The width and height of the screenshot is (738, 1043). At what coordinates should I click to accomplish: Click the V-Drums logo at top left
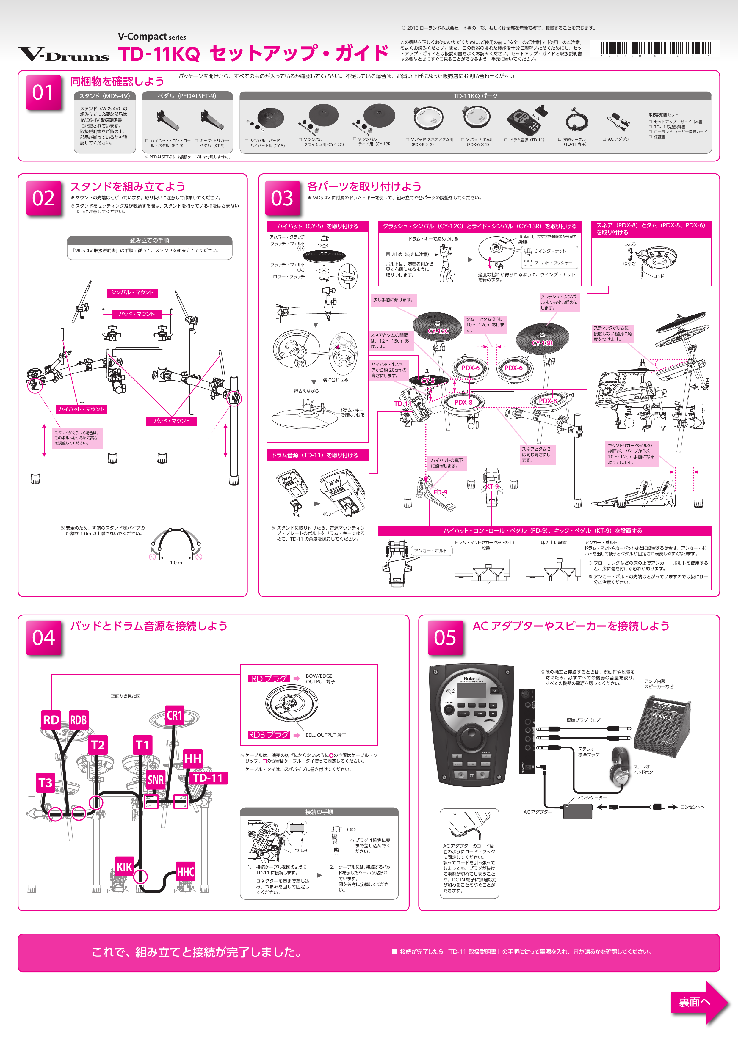[64, 54]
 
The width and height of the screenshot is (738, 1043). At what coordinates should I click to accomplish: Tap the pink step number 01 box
[43, 93]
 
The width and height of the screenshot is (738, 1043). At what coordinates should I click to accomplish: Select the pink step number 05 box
[445, 637]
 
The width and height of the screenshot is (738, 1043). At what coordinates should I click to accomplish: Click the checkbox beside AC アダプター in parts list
[604, 139]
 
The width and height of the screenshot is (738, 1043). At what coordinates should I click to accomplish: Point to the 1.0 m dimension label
[176, 563]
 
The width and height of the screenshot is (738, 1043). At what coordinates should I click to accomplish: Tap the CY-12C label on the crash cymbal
[438, 331]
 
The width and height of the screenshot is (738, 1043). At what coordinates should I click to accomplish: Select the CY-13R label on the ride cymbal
[542, 343]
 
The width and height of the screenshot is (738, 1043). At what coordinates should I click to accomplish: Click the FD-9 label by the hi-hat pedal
[440, 492]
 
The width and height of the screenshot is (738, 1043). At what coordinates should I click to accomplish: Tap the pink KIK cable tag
[124, 867]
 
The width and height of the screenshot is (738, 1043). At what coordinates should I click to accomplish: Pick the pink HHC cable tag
[185, 872]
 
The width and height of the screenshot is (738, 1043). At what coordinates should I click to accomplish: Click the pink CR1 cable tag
[175, 715]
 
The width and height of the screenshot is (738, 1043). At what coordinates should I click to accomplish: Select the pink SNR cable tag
[155, 780]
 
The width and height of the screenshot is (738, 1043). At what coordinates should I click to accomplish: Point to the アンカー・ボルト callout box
[430, 551]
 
